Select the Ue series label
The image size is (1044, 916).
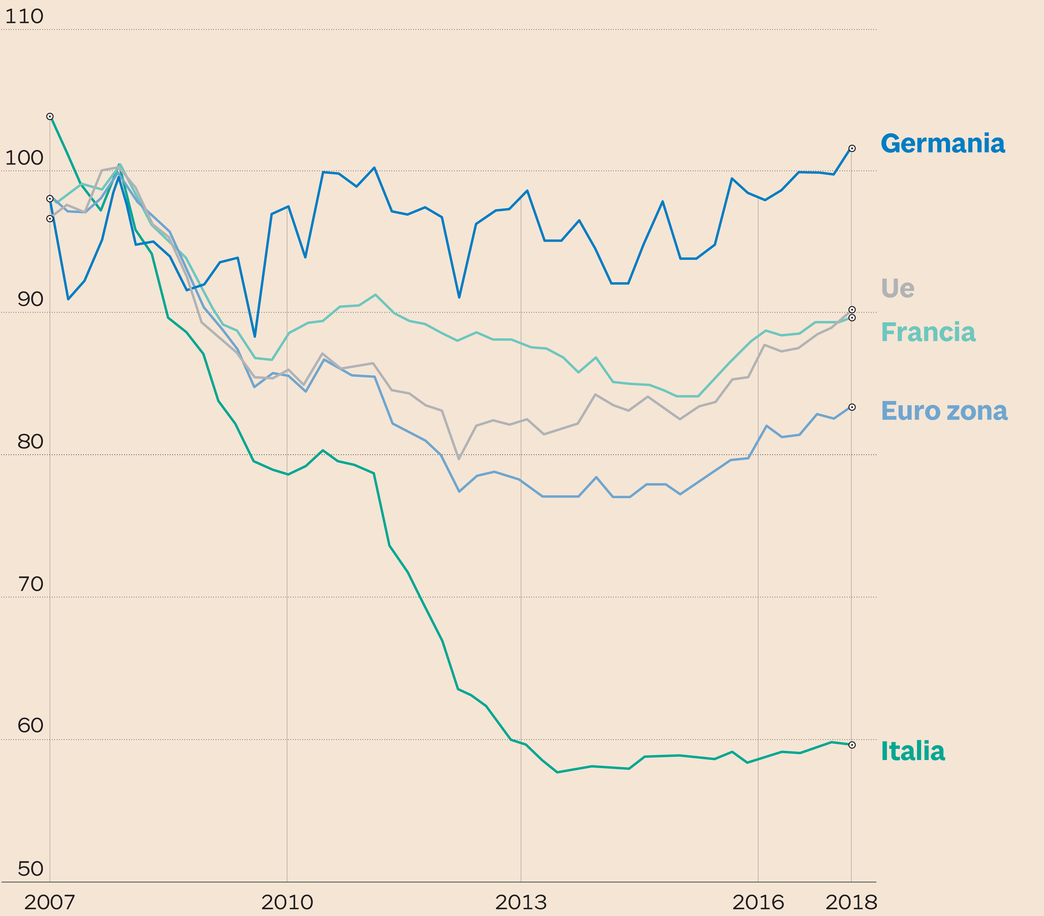click(x=897, y=289)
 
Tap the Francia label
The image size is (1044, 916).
click(x=928, y=333)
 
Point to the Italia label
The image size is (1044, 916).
click(x=913, y=752)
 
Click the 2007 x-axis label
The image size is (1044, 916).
click(x=50, y=902)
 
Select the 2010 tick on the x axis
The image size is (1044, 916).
click(x=287, y=902)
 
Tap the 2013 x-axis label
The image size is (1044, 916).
click(x=521, y=902)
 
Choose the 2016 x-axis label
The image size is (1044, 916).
click(x=758, y=902)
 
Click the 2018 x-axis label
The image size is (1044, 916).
click(x=851, y=902)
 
